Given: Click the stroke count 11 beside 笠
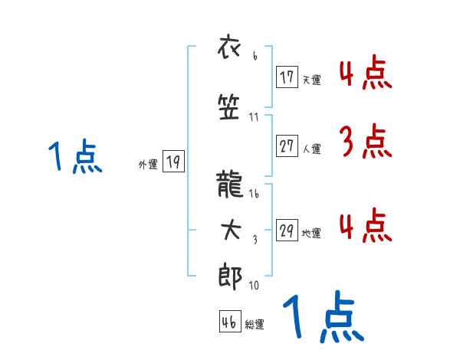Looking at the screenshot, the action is point(255,117).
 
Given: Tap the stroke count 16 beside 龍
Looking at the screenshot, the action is point(255,194).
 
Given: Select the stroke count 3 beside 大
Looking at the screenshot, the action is point(255,240).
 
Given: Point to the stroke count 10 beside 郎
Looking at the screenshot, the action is point(254,286).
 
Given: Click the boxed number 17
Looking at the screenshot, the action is point(287,77).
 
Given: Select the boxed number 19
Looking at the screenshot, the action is point(173,162).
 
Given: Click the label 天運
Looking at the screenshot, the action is point(311,80).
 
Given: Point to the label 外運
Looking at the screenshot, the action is point(148,164).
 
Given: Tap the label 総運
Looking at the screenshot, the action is point(255,325).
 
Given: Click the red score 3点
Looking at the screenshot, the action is point(365,142).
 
